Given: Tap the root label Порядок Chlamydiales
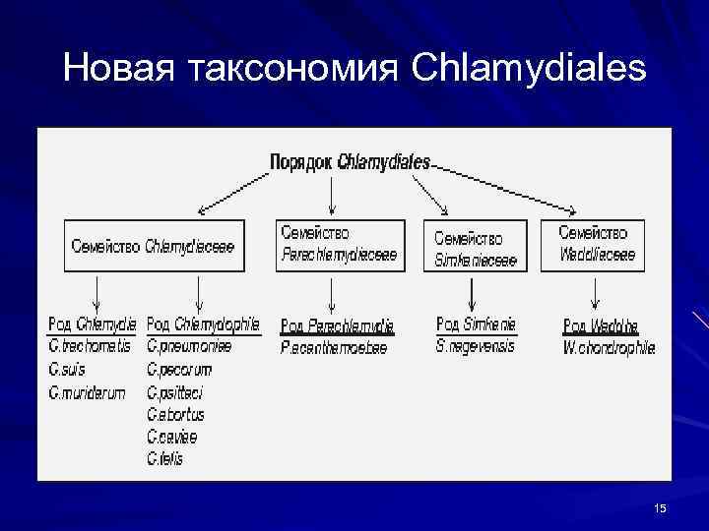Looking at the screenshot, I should point(350,162).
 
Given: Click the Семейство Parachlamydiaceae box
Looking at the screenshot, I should point(340,245).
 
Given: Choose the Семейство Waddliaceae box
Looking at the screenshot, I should point(596,245).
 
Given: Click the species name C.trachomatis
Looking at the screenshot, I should point(89,346).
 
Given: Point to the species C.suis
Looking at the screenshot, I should point(68,370).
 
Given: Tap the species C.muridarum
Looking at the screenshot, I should point(87,392).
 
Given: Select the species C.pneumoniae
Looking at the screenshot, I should point(189,346).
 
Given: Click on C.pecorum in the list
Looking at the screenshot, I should point(179,370).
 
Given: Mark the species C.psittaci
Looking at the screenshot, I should point(175,392).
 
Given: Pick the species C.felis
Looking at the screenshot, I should point(165,458).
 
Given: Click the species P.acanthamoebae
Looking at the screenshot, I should point(335,348).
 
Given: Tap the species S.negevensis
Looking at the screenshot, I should point(476,346).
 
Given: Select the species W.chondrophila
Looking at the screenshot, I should point(609,347).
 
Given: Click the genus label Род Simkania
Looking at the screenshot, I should point(477,324).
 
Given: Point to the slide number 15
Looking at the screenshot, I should point(660,507).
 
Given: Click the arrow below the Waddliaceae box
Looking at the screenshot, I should point(596,292).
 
